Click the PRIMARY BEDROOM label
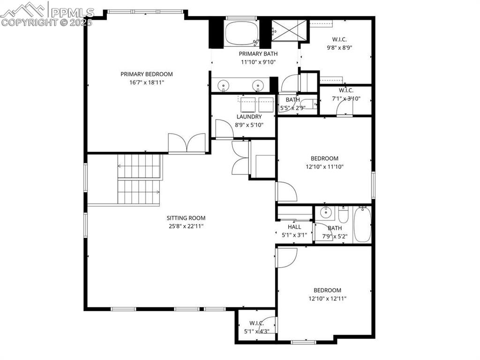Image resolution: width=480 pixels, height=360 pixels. click(146, 74)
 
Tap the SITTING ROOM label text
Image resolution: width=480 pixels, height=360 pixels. click(186, 218)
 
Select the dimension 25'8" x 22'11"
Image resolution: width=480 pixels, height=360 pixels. click(186, 226)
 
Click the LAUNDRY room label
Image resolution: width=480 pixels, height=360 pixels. click(249, 117)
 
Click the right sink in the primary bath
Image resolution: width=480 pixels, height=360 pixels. click(257, 85)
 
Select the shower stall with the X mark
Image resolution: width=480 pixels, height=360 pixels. click(290, 32)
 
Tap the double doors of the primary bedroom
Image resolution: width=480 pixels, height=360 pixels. click(187, 142)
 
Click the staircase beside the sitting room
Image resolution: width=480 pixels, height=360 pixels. click(140, 179)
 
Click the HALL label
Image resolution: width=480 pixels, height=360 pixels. click(294, 227)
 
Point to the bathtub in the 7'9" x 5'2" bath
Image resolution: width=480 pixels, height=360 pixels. click(362, 225)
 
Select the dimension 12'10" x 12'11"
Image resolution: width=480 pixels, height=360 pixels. click(327, 299)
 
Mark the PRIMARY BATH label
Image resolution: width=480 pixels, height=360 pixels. click(259, 54)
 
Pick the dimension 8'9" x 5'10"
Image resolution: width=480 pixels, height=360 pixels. click(249, 125)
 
